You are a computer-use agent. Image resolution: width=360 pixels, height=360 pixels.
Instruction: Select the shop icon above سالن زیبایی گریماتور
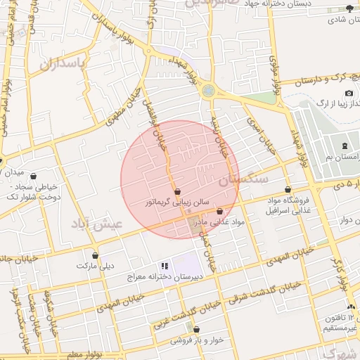pos(176,191)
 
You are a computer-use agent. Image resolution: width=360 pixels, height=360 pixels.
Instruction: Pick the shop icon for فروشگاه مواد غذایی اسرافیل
pos(288,190)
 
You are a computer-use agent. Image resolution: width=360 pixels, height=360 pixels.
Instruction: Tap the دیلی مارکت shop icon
pos(95,255)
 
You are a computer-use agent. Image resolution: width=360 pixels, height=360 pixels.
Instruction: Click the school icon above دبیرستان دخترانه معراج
pos(164,266)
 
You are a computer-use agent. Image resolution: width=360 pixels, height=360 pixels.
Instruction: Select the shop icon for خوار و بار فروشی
pos(195,328)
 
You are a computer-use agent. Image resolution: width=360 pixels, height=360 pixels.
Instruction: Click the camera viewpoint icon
pos(349,94)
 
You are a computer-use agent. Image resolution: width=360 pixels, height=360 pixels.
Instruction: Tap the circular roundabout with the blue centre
pos(208,91)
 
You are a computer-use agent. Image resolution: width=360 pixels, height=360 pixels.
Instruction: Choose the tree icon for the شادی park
pos(350,8)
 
